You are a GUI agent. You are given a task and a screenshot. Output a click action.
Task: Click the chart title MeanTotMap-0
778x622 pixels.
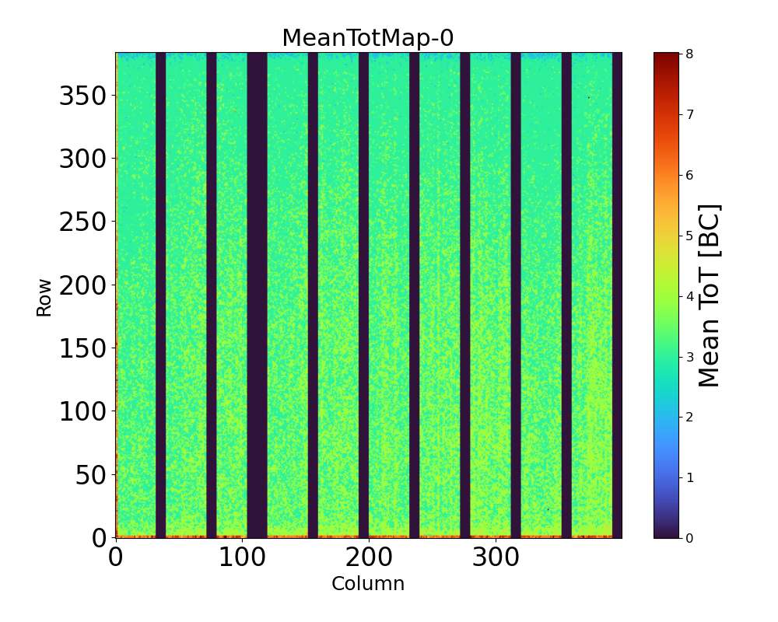coord(367,38)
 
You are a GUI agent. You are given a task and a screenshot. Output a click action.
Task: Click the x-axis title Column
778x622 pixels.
coord(368,584)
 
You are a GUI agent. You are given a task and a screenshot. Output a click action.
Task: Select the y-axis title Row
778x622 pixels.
coord(44,298)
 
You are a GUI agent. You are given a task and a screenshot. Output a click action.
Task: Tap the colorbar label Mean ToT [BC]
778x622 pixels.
coord(709,295)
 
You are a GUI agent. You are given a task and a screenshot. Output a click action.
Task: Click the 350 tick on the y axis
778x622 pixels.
coord(86,96)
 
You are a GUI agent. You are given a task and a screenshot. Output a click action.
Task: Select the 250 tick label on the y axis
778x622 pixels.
coord(86,222)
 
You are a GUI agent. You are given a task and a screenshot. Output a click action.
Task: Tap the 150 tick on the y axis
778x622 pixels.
coord(86,349)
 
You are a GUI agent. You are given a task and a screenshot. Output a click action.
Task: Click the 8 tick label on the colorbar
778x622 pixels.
coord(689,54)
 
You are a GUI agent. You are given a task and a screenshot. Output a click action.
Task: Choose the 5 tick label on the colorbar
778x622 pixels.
coord(689,236)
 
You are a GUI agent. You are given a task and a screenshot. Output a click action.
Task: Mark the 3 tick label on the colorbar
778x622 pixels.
coord(689,356)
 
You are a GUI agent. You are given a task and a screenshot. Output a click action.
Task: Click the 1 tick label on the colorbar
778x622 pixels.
coord(689,477)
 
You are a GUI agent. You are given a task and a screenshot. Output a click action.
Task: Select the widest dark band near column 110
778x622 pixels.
coord(257,295)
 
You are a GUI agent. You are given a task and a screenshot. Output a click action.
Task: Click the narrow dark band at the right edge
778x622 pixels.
coord(617,295)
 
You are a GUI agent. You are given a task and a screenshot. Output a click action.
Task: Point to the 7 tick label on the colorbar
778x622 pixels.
coord(689,114)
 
